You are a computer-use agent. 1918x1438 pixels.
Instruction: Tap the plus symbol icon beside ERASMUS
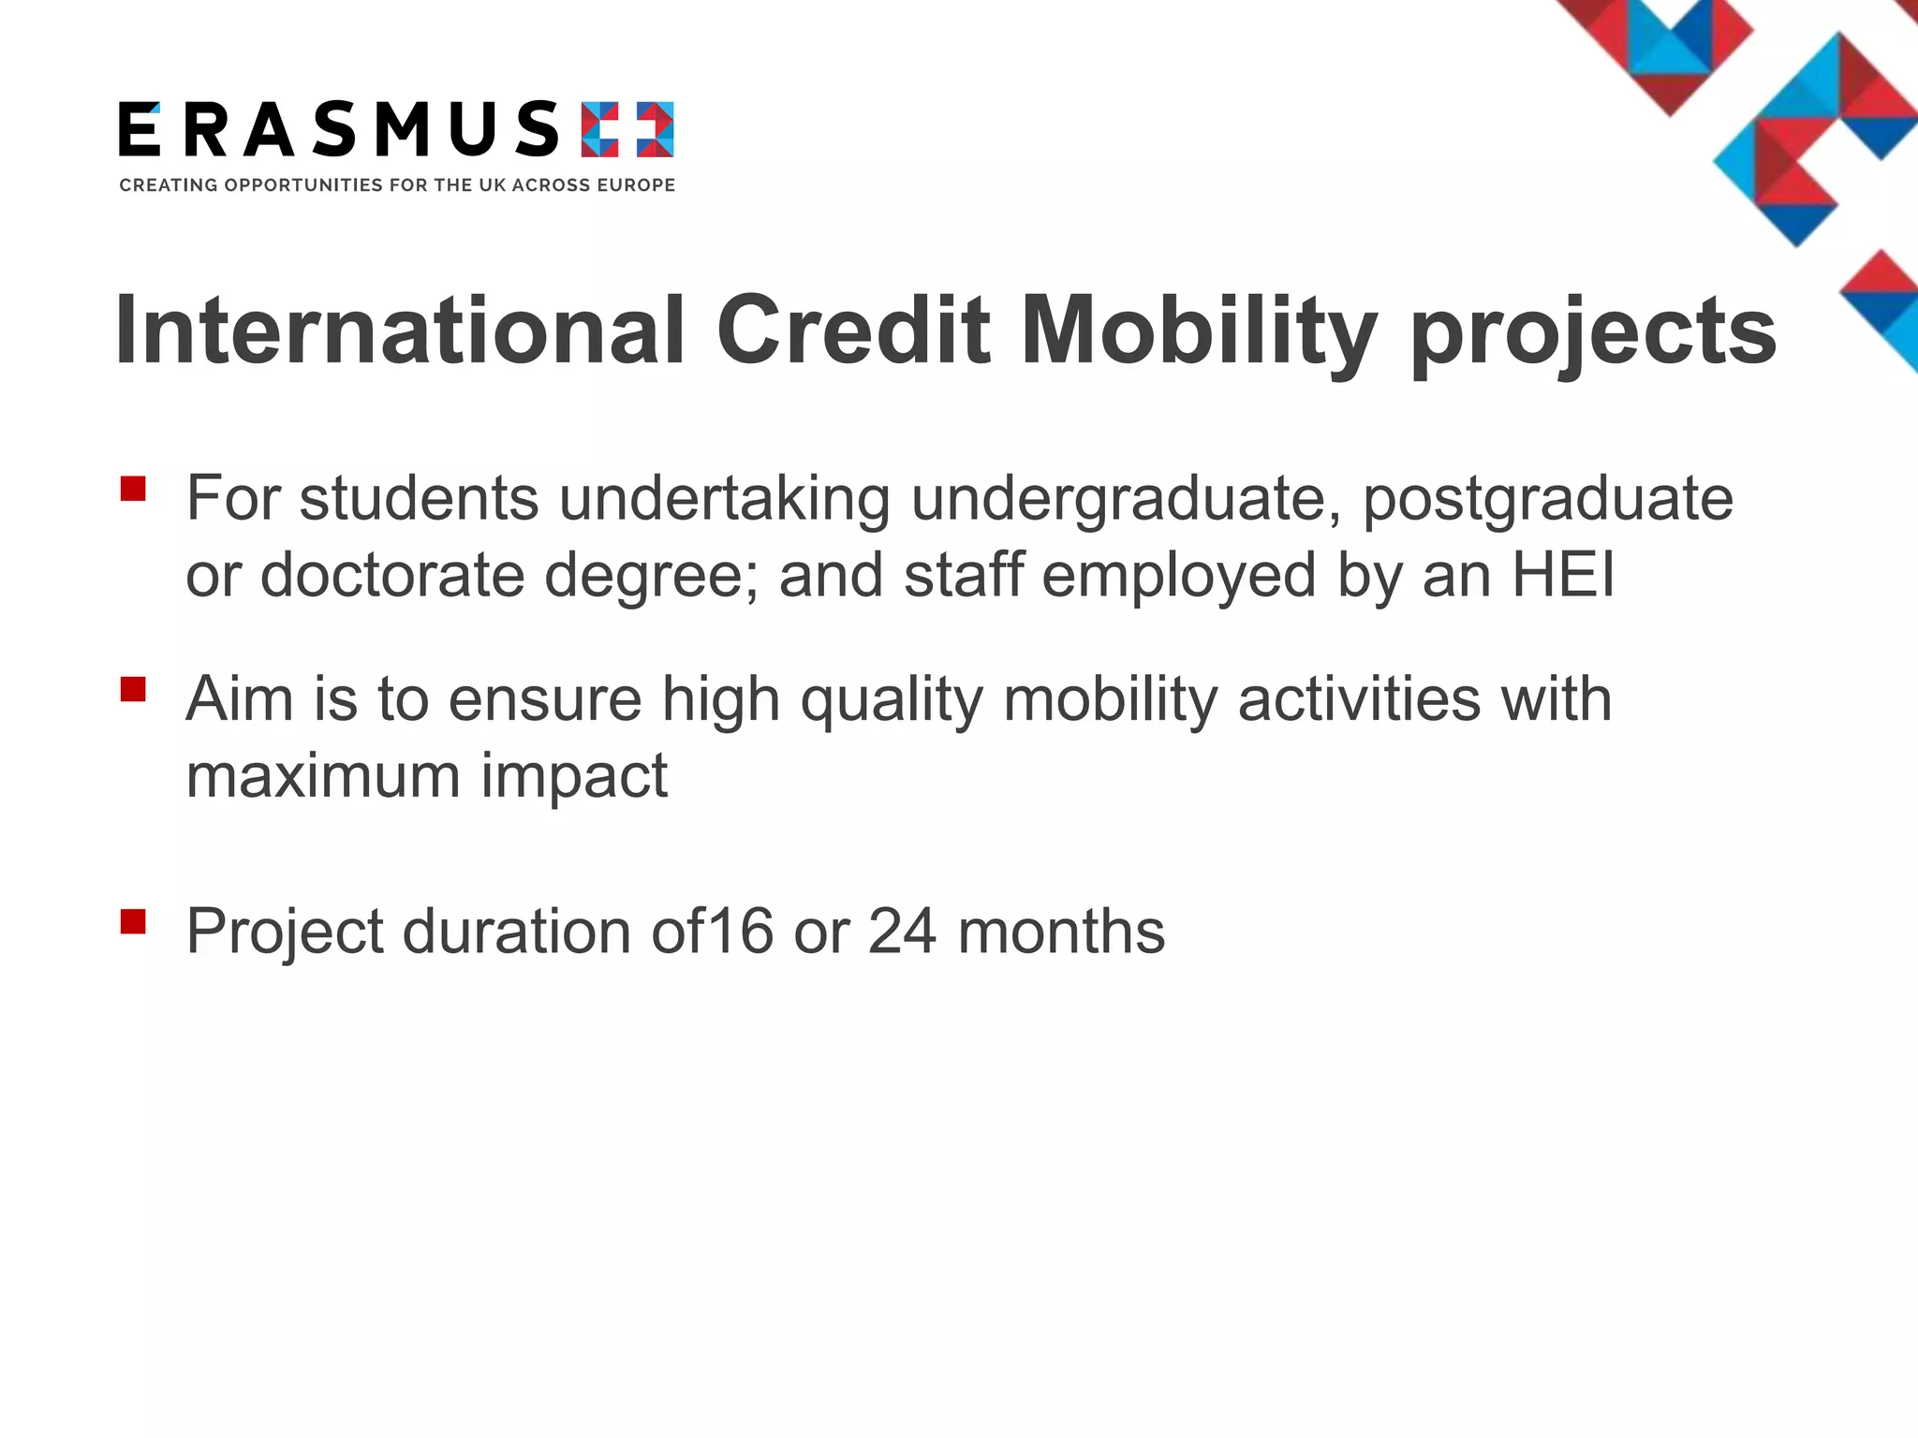tap(627, 129)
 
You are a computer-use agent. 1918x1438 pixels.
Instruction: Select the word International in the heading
tap(401, 330)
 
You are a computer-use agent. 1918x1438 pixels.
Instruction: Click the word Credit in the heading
tap(853, 330)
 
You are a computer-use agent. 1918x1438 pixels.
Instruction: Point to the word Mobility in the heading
tap(1199, 330)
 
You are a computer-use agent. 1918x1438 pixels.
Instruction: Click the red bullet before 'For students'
tap(133, 489)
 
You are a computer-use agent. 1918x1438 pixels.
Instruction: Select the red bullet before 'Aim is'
tap(133, 689)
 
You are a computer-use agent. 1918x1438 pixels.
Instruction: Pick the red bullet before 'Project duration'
tap(133, 921)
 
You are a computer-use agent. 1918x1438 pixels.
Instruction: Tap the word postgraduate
tap(1547, 499)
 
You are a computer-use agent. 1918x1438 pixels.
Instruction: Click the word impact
tap(574, 777)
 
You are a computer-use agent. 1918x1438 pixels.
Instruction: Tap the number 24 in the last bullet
tap(902, 932)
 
